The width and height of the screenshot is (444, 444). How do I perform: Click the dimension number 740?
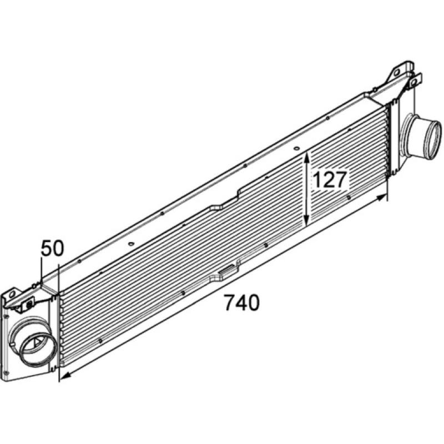[x=241, y=302]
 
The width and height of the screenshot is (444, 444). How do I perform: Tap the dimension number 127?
[x=330, y=179]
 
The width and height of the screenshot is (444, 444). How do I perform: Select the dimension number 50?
[x=53, y=248]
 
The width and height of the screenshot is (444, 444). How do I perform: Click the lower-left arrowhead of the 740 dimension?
[x=65, y=376]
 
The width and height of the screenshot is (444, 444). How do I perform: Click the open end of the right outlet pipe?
[x=430, y=135]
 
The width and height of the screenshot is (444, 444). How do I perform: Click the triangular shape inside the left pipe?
[x=36, y=344]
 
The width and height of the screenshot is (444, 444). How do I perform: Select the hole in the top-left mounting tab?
[x=12, y=295]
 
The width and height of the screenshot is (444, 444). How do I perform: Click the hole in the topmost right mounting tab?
[x=397, y=72]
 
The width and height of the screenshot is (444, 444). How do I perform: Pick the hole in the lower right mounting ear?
[x=413, y=83]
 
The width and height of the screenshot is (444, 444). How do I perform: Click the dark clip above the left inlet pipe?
[x=29, y=305]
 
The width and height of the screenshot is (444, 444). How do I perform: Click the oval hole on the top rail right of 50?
[x=130, y=244]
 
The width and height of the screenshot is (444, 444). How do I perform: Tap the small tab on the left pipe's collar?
[x=12, y=344]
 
